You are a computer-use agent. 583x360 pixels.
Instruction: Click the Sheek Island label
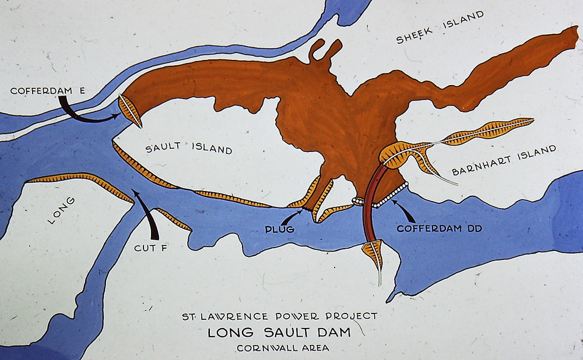click(x=440, y=27)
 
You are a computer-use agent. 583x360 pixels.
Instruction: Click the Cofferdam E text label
click(x=48, y=91)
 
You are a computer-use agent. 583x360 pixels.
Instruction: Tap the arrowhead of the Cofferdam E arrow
click(x=117, y=117)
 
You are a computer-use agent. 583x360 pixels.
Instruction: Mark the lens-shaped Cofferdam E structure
click(x=129, y=110)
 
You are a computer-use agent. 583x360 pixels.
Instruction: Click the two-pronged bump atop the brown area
click(x=324, y=50)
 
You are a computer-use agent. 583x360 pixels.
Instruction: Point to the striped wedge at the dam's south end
click(x=373, y=253)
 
